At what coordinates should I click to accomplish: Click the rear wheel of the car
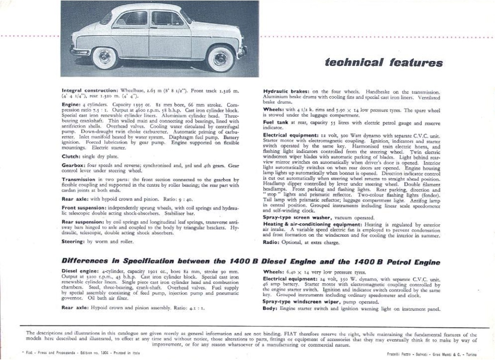[x=104, y=57]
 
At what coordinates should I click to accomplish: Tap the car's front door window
[x=167, y=19]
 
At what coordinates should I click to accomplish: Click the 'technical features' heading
[x=384, y=62]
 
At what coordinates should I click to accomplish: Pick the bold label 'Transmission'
[x=79, y=180]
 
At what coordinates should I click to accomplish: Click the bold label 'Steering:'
[x=74, y=241]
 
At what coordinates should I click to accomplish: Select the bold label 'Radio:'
[x=272, y=242]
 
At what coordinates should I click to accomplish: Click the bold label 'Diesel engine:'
[x=80, y=271]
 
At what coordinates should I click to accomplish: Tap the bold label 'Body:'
[x=270, y=308]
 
